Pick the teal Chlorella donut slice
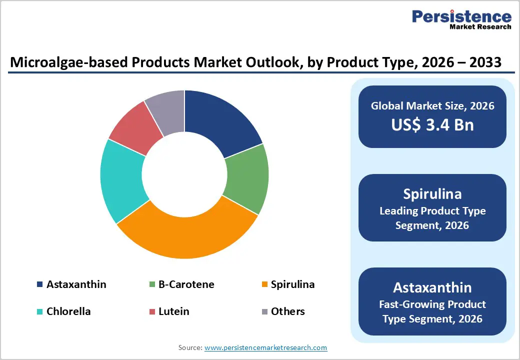coord(122,180)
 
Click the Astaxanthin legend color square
coord(39,285)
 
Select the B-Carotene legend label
coord(186,284)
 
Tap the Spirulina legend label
coord(292,284)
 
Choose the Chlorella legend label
coord(68,311)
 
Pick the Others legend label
coord(287,311)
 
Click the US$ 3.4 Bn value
coord(432,124)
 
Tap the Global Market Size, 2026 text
coord(432,105)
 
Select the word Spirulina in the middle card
coord(432,194)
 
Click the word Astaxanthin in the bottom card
coord(432,287)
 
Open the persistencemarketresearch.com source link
coord(265,347)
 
